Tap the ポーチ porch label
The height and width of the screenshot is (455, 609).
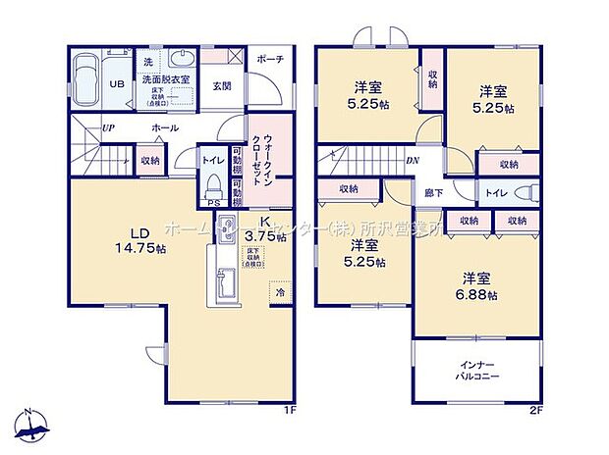(270, 60)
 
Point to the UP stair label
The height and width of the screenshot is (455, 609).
(109, 128)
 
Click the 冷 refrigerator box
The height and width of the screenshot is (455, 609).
(279, 291)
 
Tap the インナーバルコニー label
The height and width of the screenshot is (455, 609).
(478, 370)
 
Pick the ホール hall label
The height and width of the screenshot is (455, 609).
(165, 128)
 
